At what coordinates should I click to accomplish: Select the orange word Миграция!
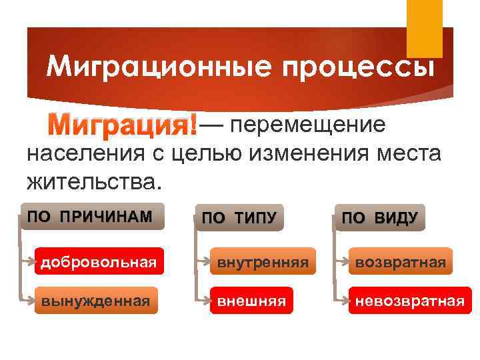pyautogui.click(x=125, y=125)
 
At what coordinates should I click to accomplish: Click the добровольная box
pyautogui.click(x=99, y=262)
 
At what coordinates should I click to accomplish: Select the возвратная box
pyautogui.click(x=399, y=262)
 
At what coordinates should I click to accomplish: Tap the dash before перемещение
pyautogui.click(x=212, y=125)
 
